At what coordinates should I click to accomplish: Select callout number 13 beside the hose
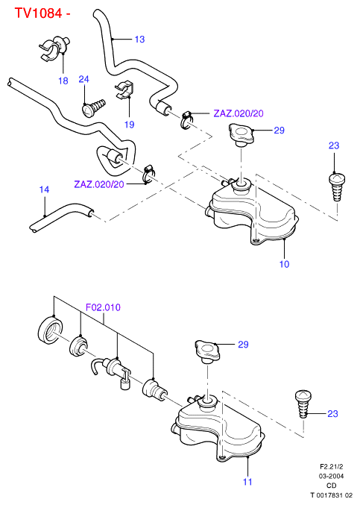[139, 40]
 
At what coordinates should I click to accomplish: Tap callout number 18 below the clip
[63, 81]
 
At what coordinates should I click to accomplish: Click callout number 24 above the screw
[83, 79]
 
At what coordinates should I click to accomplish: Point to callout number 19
[130, 125]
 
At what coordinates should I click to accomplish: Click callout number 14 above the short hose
[44, 189]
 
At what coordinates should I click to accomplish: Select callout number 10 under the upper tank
[284, 264]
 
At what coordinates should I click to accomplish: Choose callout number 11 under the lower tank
[247, 482]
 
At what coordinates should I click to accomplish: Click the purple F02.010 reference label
[103, 307]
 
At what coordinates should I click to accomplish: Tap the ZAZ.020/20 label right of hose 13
[239, 113]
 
